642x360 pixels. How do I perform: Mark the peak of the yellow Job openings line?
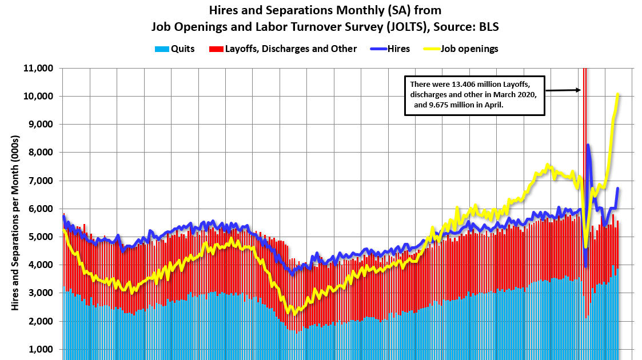pyautogui.click(x=617, y=94)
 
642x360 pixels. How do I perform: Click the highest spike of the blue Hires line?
pyautogui.click(x=588, y=145)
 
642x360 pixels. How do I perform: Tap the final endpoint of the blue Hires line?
pyautogui.click(x=617, y=189)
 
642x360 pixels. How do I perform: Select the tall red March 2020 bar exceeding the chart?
pyautogui.click(x=583, y=171)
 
